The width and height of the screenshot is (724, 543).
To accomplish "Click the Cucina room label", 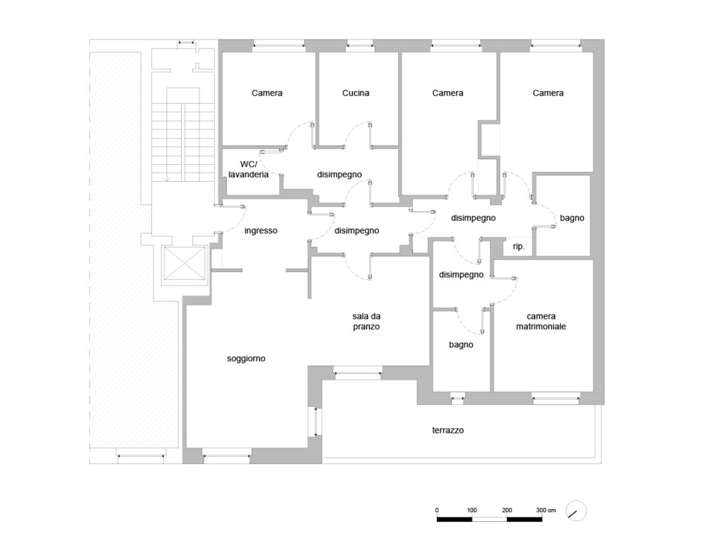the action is click(x=356, y=93).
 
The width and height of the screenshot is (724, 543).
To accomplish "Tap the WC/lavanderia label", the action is click(x=248, y=170).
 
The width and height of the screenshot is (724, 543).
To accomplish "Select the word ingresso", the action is click(x=261, y=230).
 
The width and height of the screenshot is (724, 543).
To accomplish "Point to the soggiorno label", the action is click(x=246, y=358).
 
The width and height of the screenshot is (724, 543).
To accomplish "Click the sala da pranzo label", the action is click(x=366, y=322).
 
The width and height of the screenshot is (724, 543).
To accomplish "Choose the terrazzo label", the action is click(x=448, y=431).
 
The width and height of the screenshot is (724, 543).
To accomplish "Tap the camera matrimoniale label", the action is click(x=541, y=322).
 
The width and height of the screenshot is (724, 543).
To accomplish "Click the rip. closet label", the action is click(x=519, y=247).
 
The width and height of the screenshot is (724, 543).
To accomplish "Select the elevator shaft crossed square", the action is click(x=185, y=263).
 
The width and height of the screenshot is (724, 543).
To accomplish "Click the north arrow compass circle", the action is click(x=576, y=511).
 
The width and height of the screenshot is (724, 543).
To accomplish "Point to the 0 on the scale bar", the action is click(x=437, y=510).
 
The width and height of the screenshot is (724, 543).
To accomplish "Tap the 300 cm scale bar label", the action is click(x=546, y=510).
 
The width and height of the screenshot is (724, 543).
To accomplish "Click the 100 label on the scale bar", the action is click(x=472, y=510).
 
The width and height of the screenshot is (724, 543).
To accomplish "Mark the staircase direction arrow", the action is click(x=167, y=177).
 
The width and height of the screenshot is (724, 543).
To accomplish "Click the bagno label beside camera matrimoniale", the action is click(x=461, y=344).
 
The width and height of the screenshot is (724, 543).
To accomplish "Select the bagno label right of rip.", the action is click(x=572, y=218).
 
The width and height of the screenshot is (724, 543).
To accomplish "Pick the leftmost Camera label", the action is click(x=267, y=93).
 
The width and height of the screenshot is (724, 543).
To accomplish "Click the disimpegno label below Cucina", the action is click(x=339, y=175).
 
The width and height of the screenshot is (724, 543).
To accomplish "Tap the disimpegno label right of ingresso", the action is click(x=356, y=230).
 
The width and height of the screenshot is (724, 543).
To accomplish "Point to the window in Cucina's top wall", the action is click(x=360, y=45).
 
